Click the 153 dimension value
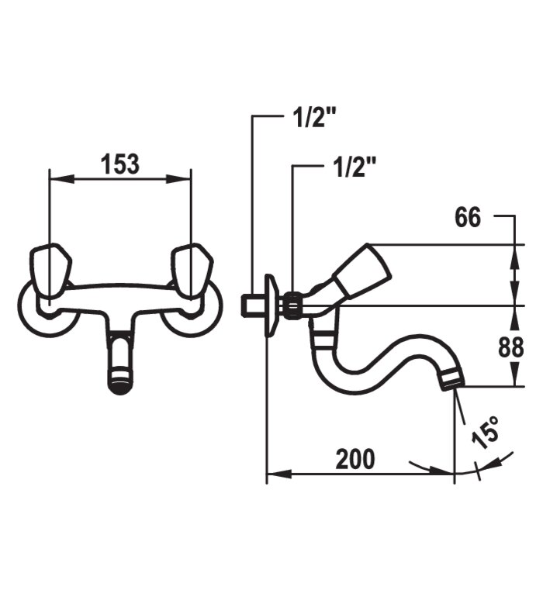tap(120, 164)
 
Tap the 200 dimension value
tap(355, 459)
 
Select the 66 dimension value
tap(468, 217)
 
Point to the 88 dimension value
tap(511, 347)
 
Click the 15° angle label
tap(486, 433)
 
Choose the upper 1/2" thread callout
tap(314, 117)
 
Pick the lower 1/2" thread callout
tap(355, 166)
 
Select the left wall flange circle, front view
tap(48, 309)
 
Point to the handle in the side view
tap(361, 271)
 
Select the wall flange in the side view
tap(271, 305)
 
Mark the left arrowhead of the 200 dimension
tap(279, 474)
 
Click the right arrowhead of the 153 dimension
tap(179, 179)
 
